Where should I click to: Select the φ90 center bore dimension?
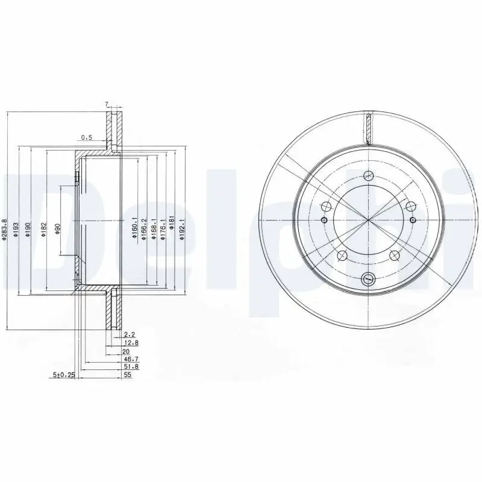tap(58, 229)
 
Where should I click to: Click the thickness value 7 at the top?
tap(107, 104)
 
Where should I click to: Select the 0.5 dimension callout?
tap(86, 137)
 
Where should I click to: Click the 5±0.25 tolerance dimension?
tap(63, 375)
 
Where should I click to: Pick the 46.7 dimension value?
tap(128, 358)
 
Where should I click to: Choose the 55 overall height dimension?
tap(127, 375)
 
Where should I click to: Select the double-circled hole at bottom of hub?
tap(368, 278)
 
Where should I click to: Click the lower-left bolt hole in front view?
tap(341, 254)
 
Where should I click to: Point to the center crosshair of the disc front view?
tap(368, 220)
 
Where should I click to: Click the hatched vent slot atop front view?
tap(368, 128)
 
